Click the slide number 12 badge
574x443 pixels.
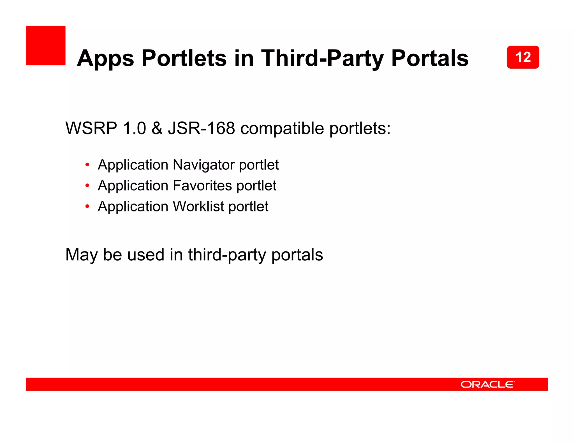point(523,57)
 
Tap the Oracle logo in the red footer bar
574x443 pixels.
point(487,384)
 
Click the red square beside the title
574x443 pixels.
point(46,46)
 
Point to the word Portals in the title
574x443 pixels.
point(430,58)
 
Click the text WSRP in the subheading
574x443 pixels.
point(91,128)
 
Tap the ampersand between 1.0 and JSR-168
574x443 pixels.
point(157,128)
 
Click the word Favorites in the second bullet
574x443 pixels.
point(202,186)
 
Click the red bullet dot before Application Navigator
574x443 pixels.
point(87,165)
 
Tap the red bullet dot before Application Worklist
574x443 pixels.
point(87,206)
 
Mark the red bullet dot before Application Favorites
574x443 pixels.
point(87,185)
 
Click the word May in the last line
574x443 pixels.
point(81,255)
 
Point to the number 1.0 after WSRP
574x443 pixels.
point(134,128)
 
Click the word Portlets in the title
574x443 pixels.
point(184,58)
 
